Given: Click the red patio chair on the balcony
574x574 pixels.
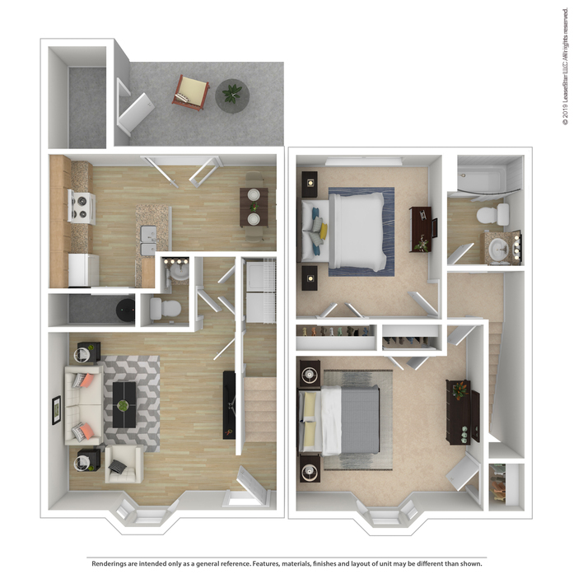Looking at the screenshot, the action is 191,92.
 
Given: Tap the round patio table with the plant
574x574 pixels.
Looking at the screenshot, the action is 232,96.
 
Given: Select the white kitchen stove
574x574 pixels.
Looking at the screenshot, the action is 82,207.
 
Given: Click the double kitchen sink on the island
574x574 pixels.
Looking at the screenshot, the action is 148,240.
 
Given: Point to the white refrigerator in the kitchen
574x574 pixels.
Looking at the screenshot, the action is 84,270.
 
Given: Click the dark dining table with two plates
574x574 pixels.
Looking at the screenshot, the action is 254,208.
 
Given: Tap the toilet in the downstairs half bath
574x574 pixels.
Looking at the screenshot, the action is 165,308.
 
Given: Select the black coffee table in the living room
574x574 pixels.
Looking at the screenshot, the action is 124,405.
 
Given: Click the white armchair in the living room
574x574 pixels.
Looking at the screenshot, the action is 124,464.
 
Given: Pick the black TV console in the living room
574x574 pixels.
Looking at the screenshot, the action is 229,405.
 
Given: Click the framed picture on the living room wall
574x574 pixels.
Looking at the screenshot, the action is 56,410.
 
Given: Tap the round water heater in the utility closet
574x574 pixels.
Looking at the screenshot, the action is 125,310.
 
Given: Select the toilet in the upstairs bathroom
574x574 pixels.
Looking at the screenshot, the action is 492,214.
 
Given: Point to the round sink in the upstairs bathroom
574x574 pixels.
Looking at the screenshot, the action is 498,249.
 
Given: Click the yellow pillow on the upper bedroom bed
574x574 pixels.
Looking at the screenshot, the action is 323,230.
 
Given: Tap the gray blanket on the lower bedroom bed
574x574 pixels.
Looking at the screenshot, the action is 360,420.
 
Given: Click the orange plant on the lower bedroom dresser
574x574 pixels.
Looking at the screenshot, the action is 460,390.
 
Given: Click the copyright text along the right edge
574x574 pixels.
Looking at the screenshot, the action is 566,67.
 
